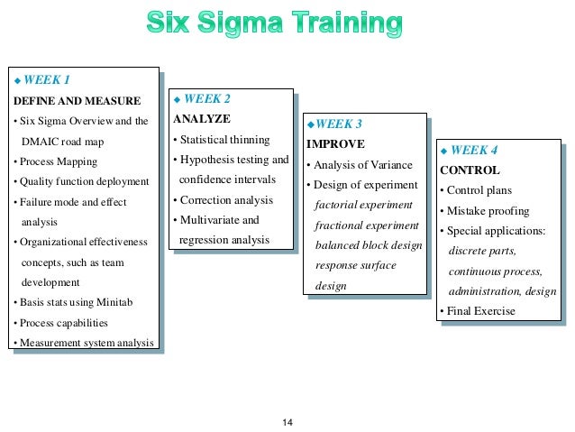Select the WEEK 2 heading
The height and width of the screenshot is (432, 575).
[x=206, y=99]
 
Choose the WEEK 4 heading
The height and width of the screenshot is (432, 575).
[x=473, y=150]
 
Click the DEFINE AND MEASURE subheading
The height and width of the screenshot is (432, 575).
[x=77, y=100]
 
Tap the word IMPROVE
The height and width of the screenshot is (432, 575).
[x=335, y=143]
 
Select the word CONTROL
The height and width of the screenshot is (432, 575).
[x=470, y=170]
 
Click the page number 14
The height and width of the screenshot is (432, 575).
[x=288, y=423]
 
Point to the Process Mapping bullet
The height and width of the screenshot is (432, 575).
[x=57, y=161]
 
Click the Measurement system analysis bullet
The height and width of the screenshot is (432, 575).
[x=84, y=342]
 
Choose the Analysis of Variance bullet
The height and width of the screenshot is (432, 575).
[x=360, y=165]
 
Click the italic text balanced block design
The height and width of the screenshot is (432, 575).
[x=368, y=245]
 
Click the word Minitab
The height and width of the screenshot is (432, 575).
[x=114, y=302]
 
